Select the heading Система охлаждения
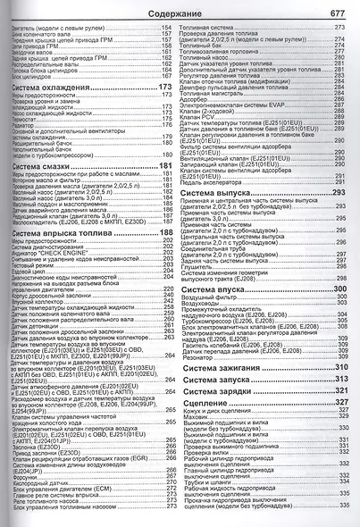tap(59, 88)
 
